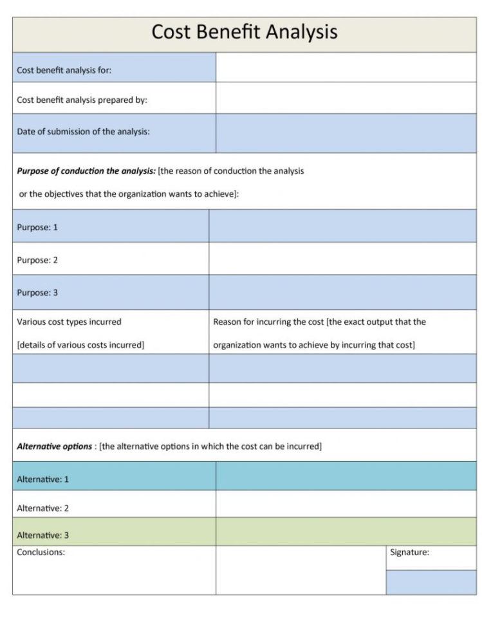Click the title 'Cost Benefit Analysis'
(244, 32)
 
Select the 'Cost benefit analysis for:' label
(64, 71)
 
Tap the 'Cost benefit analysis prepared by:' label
(82, 100)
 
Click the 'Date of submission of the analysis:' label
(83, 131)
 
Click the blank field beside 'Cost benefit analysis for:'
(346, 68)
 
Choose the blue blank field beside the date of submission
(346, 133)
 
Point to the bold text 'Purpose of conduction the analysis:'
(86, 171)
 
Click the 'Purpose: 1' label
(37, 227)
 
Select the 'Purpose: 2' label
(37, 260)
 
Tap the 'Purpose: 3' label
(37, 293)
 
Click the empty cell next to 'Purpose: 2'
(342, 259)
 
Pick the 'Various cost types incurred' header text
(69, 322)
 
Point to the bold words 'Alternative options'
(54, 446)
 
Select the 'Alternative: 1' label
(42, 479)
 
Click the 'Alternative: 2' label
(42, 508)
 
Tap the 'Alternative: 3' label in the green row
(42, 535)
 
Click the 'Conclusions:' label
(41, 552)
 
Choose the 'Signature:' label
(409, 552)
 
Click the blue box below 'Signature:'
(431, 582)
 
